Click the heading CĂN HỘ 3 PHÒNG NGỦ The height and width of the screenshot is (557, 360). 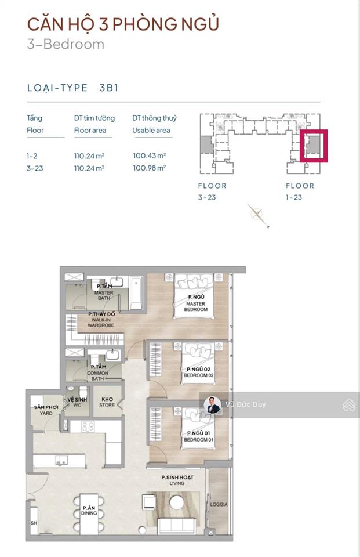point(123,24)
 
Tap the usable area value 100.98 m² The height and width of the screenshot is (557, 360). point(149,168)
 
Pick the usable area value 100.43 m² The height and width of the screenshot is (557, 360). point(149,155)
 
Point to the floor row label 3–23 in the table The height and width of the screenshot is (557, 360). point(34,168)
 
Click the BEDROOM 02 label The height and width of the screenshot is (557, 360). point(199,372)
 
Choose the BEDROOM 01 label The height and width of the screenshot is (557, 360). point(199,437)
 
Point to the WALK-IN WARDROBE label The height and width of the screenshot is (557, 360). point(102,320)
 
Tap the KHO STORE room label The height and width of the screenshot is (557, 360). point(107,402)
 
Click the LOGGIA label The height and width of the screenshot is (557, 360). point(219,504)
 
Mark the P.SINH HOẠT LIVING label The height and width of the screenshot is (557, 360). point(177,480)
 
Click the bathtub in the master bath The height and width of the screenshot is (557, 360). point(135,292)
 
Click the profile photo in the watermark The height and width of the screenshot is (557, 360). point(213,404)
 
